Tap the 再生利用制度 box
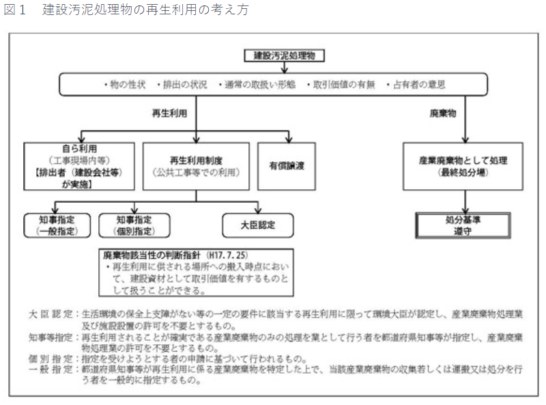196,166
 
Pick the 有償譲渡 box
286,166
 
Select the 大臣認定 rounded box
258,225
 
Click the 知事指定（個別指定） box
134,225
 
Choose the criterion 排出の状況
182,85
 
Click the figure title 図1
15,10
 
